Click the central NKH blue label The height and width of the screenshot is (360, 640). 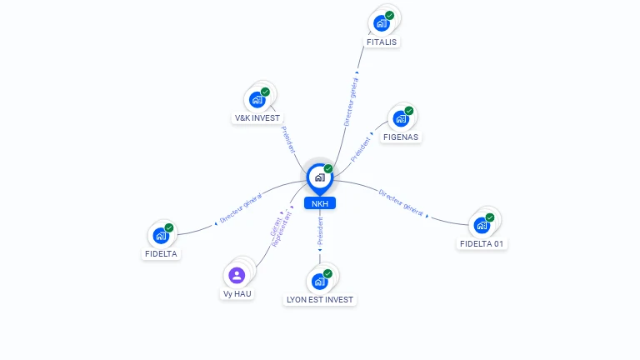point(320,203)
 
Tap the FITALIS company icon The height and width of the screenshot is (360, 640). point(381,23)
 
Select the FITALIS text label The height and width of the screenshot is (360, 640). point(381,42)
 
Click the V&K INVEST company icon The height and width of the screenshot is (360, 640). point(257,100)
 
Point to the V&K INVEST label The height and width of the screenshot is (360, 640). point(257,118)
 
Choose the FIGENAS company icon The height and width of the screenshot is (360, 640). point(401,119)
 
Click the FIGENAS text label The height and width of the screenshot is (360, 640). point(401,137)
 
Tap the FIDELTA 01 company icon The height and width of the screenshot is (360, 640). point(482,225)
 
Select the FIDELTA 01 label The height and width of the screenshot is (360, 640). point(482,243)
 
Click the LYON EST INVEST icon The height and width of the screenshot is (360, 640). point(320,281)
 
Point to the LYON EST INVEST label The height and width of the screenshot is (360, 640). point(320,300)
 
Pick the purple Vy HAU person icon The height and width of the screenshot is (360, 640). point(237,275)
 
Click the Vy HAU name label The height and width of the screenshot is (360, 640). point(237,293)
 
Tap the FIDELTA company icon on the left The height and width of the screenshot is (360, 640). point(161,236)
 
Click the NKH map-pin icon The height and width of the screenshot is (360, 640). point(320,179)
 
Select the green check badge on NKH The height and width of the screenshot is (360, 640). point(328,168)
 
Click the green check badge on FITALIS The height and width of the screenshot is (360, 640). point(390,16)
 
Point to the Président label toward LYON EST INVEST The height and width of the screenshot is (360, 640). point(320,231)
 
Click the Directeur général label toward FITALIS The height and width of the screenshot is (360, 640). point(351,102)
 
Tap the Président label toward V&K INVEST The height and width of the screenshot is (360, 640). point(288,140)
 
